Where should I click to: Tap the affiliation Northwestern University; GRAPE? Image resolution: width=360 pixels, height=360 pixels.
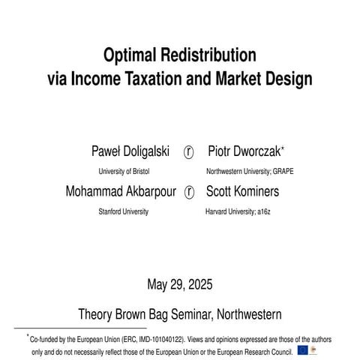click(249, 171)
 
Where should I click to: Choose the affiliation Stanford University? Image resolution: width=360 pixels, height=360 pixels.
click(123, 211)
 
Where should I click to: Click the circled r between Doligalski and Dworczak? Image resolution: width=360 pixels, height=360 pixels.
click(189, 151)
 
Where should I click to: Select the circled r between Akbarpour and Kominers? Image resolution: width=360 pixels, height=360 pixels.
click(189, 192)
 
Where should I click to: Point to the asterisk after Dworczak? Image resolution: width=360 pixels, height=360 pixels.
click(282, 148)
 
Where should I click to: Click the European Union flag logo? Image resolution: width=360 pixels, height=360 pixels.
click(302, 349)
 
